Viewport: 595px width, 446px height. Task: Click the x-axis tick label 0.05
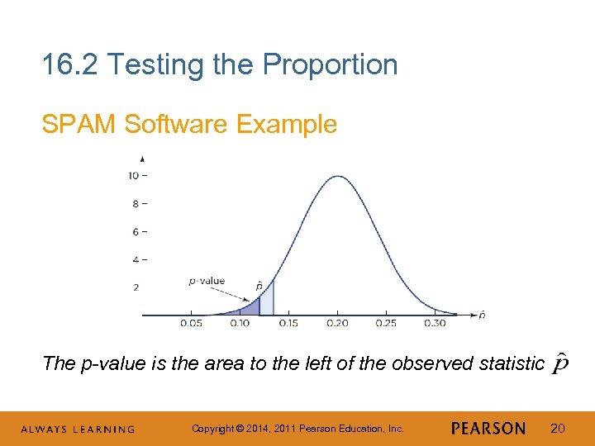coord(191,323)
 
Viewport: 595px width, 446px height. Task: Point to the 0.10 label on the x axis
coord(240,323)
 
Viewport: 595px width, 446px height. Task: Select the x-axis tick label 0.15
coord(288,323)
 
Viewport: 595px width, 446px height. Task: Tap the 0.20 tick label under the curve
coord(337,323)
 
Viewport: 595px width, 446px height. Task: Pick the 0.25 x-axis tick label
coord(386,323)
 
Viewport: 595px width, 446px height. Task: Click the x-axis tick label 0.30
coord(435,323)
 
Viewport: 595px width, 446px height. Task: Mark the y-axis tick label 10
coord(132,175)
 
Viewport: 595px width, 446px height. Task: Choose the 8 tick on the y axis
coord(134,203)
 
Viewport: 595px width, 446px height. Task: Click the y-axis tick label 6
coord(134,231)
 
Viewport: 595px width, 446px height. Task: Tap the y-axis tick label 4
coord(134,259)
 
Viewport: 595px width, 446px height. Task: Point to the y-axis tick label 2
coord(134,287)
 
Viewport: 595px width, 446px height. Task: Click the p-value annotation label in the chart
coord(207,281)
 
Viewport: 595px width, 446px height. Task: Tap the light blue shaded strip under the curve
coord(266,301)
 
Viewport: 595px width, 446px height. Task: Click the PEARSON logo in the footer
coord(488,428)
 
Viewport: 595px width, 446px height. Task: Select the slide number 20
coord(558,428)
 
